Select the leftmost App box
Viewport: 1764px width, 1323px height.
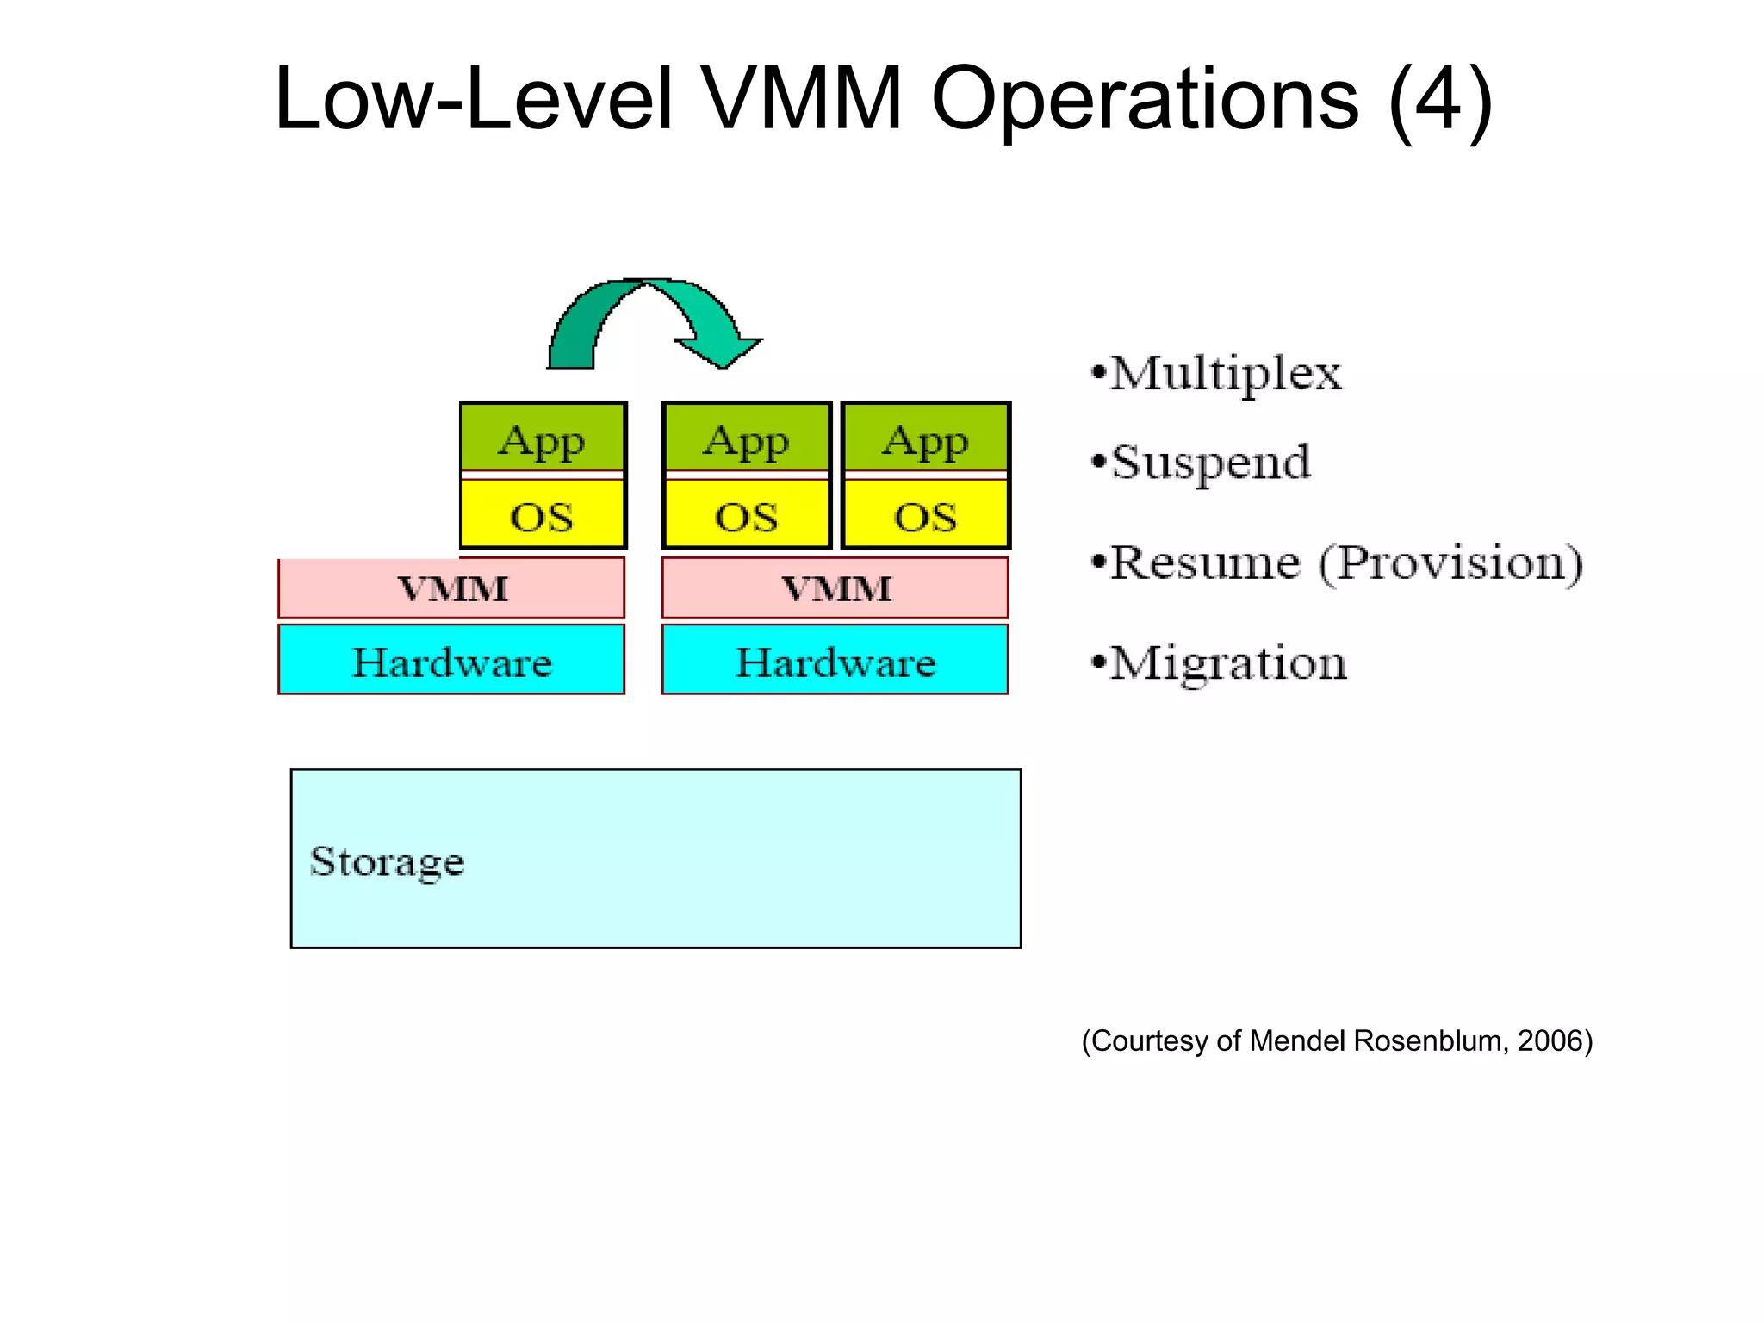pos(542,439)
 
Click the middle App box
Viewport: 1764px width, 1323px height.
pos(746,439)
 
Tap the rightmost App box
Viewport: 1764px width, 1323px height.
pos(925,439)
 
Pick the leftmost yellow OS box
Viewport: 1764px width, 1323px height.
pos(542,515)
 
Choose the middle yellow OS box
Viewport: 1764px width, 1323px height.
pos(746,515)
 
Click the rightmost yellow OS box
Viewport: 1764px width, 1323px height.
pos(925,515)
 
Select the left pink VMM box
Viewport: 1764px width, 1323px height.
pos(451,588)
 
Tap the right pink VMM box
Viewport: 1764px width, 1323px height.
pos(835,588)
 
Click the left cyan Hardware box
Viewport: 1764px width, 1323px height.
pos(451,661)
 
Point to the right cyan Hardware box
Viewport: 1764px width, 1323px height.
pos(835,661)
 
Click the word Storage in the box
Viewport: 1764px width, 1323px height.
pos(387,861)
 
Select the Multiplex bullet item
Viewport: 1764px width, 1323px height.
pos(1224,374)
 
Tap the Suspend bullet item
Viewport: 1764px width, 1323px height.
pos(1210,463)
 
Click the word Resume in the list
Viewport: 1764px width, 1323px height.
pos(1204,563)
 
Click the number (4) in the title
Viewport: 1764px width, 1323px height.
pos(1440,100)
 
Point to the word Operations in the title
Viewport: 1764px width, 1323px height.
pos(1145,100)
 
